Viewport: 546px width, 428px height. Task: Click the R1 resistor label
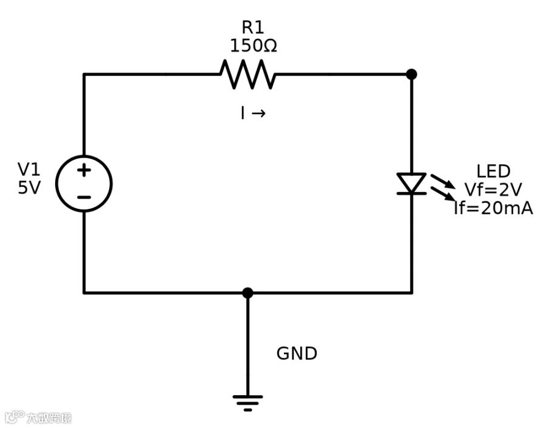click(x=253, y=27)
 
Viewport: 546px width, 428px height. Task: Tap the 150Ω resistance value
click(x=254, y=46)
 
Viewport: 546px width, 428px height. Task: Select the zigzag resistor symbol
click(x=248, y=74)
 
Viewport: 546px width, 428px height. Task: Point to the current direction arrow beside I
click(x=258, y=114)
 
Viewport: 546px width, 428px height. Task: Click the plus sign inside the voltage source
click(x=84, y=171)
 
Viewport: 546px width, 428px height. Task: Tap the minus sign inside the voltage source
click(x=84, y=197)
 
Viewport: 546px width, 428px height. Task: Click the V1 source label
click(x=29, y=169)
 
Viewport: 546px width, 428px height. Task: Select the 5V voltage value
click(x=29, y=188)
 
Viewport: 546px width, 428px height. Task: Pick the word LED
click(x=493, y=171)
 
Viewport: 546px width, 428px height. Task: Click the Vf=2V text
click(x=493, y=190)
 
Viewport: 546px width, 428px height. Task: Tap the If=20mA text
click(x=493, y=208)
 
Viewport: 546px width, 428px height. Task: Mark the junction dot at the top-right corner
click(x=411, y=74)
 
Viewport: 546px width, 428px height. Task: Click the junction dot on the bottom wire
click(x=248, y=293)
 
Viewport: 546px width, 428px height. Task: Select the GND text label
click(x=297, y=353)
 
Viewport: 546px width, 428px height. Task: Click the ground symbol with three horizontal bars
click(x=248, y=403)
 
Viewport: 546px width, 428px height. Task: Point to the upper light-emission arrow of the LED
click(x=443, y=182)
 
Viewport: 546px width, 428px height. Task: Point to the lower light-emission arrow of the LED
click(x=443, y=194)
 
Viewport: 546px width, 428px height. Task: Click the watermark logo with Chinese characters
click(x=38, y=417)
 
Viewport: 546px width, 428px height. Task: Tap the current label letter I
click(x=243, y=114)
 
